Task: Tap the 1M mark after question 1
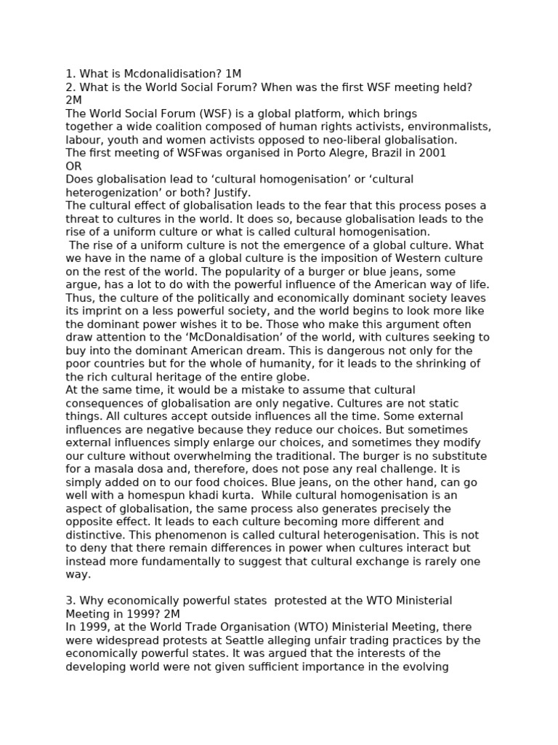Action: (x=233, y=74)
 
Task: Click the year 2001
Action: (x=432, y=153)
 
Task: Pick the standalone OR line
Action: (x=73, y=166)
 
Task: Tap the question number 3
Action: (x=70, y=601)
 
